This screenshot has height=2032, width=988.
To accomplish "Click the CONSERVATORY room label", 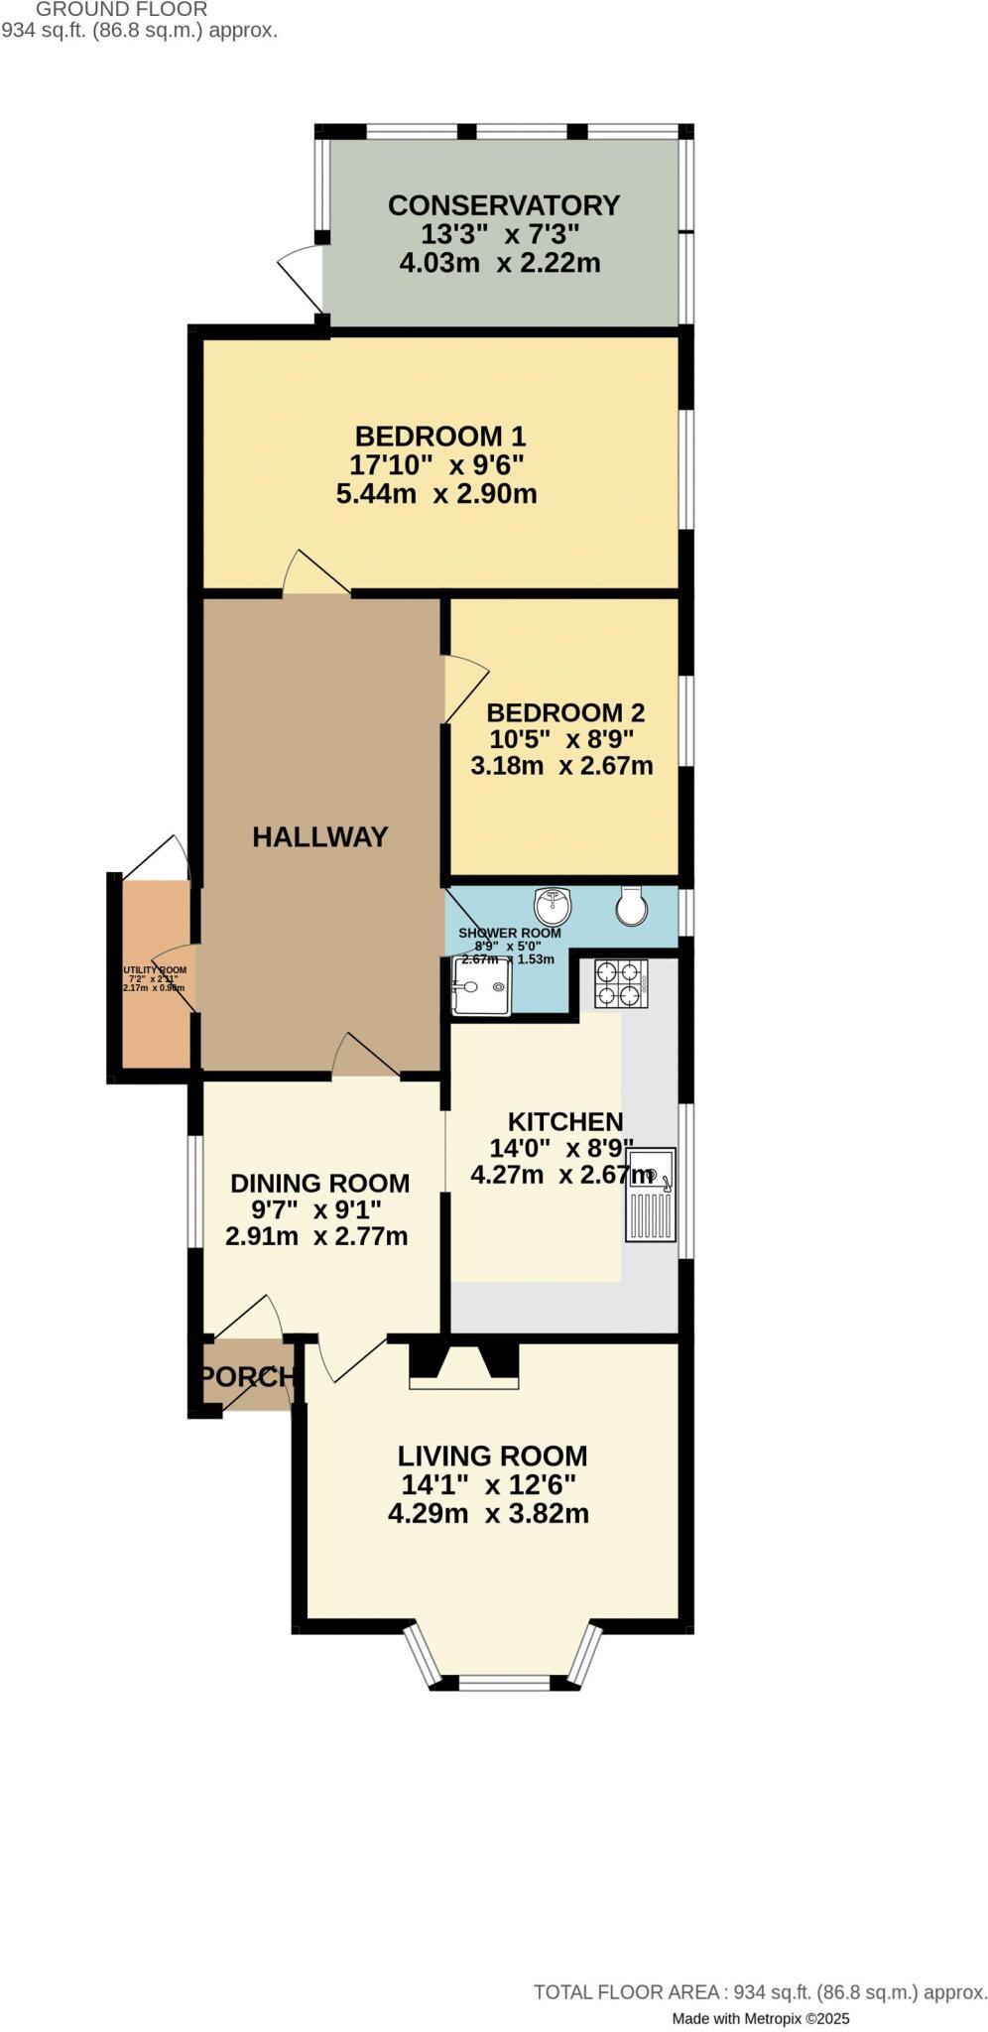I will click(503, 205).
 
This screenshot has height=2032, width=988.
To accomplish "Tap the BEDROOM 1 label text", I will click(439, 436).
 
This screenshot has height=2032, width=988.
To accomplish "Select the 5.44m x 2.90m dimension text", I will click(436, 493).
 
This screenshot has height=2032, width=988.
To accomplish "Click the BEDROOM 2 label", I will click(564, 712).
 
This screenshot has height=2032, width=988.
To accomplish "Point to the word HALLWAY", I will click(319, 836).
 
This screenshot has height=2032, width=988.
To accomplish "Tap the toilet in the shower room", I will click(630, 905).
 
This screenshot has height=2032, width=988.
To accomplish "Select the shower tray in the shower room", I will click(481, 986).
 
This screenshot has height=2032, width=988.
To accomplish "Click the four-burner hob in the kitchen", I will click(621, 984).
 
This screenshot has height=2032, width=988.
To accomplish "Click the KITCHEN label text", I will click(564, 1121).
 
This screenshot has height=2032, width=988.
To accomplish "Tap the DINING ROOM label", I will click(319, 1183).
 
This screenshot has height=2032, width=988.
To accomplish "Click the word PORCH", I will click(246, 1376).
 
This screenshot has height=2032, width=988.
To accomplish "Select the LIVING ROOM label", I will click(492, 1456).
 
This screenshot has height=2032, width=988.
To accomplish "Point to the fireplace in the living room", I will click(463, 1361).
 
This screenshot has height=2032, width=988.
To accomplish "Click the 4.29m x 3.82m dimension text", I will click(488, 1513).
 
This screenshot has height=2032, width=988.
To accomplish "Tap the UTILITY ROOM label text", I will click(154, 970).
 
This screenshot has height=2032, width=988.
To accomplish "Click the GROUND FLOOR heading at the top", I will click(121, 9).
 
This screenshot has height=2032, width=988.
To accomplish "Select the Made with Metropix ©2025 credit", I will click(760, 2018).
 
